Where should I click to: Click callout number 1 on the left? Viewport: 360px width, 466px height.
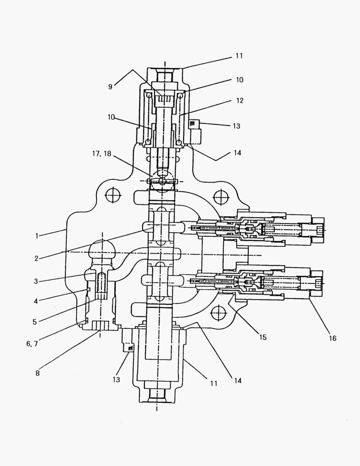click(37, 236)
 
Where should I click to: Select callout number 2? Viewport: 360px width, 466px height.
click(36, 258)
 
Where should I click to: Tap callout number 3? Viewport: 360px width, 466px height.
click(36, 281)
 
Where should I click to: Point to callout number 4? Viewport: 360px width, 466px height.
click(36, 301)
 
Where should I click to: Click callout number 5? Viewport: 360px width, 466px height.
click(35, 322)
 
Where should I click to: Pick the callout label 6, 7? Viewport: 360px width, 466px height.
click(32, 344)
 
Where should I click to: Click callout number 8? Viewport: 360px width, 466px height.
click(38, 373)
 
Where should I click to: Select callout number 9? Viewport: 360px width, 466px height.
click(110, 87)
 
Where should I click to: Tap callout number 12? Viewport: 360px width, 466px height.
click(240, 101)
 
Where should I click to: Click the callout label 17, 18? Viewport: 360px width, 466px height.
click(102, 154)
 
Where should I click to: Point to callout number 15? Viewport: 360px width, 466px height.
click(263, 337)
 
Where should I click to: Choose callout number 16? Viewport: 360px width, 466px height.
click(333, 338)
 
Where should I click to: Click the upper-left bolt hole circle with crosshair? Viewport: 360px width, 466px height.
click(113, 195)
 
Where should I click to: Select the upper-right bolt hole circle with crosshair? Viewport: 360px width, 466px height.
click(222, 197)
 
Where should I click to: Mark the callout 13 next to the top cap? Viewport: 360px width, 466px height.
click(236, 126)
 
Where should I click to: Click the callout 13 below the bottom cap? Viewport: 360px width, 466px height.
click(116, 380)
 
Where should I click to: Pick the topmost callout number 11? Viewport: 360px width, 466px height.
click(239, 56)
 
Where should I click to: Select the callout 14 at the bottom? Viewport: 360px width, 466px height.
click(238, 381)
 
